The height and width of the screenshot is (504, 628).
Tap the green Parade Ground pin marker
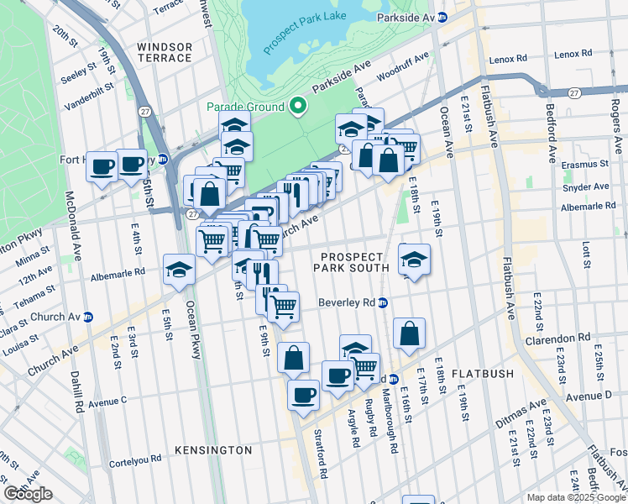pyautogui.click(x=297, y=107)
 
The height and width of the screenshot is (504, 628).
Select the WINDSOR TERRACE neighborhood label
pyautogui.click(x=165, y=51)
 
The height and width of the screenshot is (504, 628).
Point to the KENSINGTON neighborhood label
pyautogui.click(x=213, y=450)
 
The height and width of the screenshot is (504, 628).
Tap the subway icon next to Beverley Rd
pyautogui.click(x=382, y=302)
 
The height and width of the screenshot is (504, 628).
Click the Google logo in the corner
pyautogui.click(x=28, y=494)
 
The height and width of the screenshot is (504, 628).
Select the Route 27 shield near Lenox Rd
pyautogui.click(x=573, y=92)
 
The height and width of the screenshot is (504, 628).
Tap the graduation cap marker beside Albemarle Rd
pyautogui.click(x=179, y=270)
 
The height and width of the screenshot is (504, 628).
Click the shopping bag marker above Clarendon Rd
pyautogui.click(x=409, y=333)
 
